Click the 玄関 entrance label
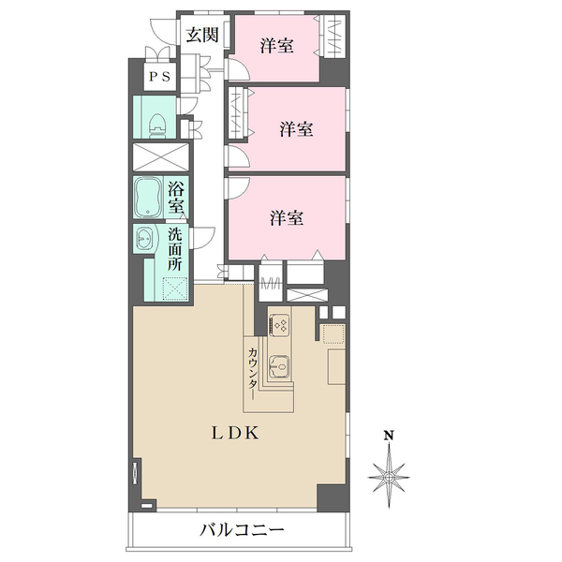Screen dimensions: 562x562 pyautogui.click(x=201, y=36)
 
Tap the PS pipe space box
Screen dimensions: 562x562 pyautogui.click(x=157, y=78)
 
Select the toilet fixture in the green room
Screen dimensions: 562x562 pyautogui.click(x=158, y=122)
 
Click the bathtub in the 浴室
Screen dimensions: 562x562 pyautogui.click(x=149, y=197)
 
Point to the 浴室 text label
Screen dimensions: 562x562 pyautogui.click(x=176, y=198)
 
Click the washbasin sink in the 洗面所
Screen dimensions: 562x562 pyautogui.click(x=145, y=240)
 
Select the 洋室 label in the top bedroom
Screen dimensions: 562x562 pyautogui.click(x=274, y=45)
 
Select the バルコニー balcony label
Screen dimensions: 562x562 pyautogui.click(x=242, y=531)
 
